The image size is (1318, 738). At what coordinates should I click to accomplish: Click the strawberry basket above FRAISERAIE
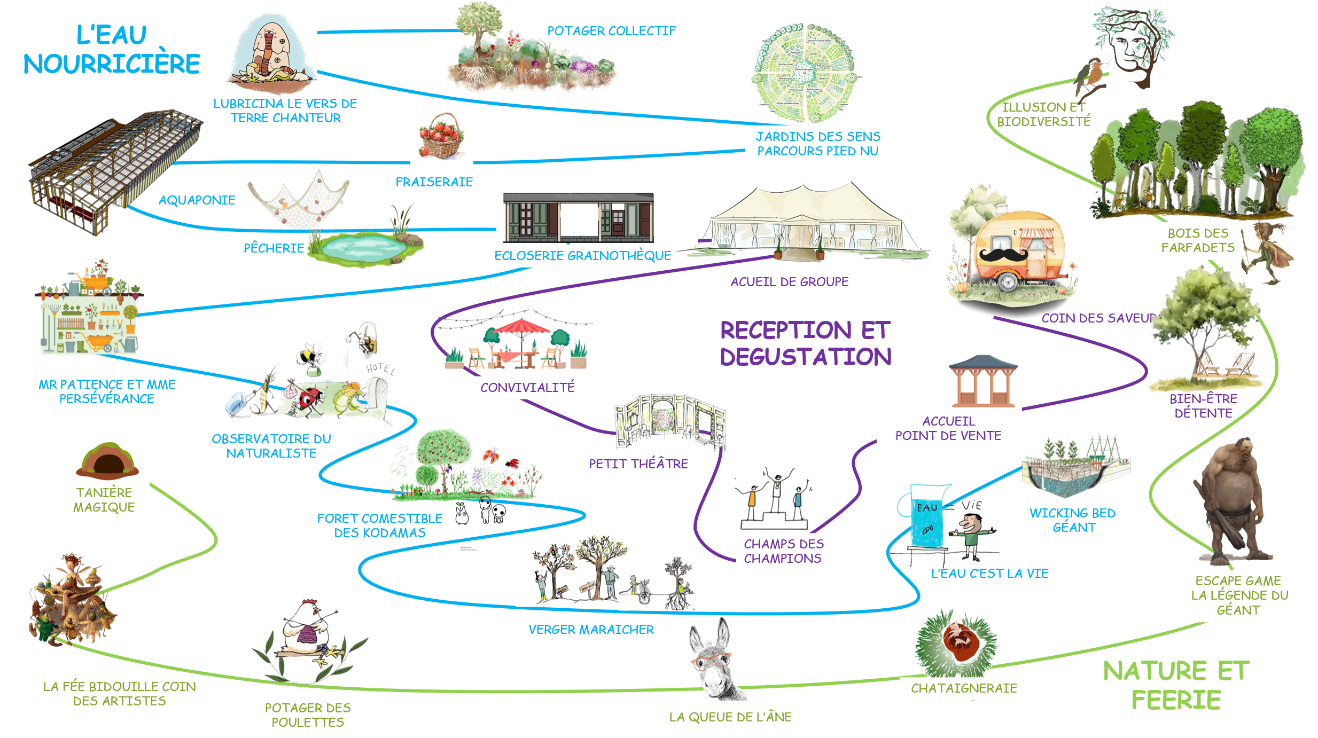point(442,137)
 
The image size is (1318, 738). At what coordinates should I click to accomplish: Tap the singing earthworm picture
point(271,53)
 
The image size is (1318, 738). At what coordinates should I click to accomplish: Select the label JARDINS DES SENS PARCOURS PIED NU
point(817,144)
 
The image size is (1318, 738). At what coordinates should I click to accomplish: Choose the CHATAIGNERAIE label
point(964,688)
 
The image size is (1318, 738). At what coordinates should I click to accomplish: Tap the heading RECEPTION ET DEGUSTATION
point(805,343)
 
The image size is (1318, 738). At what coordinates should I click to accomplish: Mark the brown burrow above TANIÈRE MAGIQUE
point(107,460)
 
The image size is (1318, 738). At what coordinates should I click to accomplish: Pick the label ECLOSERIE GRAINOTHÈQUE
point(582,256)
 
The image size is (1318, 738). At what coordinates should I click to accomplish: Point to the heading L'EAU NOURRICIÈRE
point(111,50)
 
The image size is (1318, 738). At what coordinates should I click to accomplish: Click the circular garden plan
point(805,72)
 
